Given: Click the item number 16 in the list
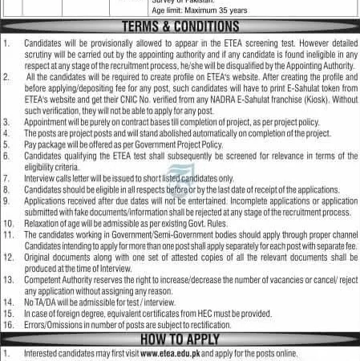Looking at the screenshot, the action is pos(7,326).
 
